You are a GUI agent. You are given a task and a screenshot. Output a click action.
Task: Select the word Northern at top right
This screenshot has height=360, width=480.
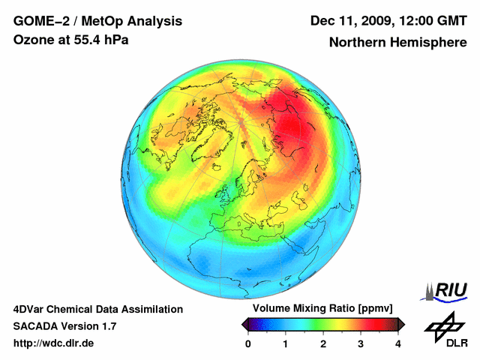click(358, 43)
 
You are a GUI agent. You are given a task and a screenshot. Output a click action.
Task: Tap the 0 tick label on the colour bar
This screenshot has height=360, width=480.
click(248, 343)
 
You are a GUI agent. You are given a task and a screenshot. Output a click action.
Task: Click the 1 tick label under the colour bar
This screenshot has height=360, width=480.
click(286, 343)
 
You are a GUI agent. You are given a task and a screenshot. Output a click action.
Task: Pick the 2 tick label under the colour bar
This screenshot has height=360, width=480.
click(323, 343)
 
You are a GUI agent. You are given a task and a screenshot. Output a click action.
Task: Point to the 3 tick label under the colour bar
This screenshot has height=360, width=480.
click(361, 343)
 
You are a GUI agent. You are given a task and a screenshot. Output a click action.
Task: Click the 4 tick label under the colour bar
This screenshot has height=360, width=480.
click(398, 343)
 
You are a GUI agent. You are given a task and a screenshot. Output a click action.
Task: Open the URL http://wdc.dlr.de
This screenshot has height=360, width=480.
click(54, 343)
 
